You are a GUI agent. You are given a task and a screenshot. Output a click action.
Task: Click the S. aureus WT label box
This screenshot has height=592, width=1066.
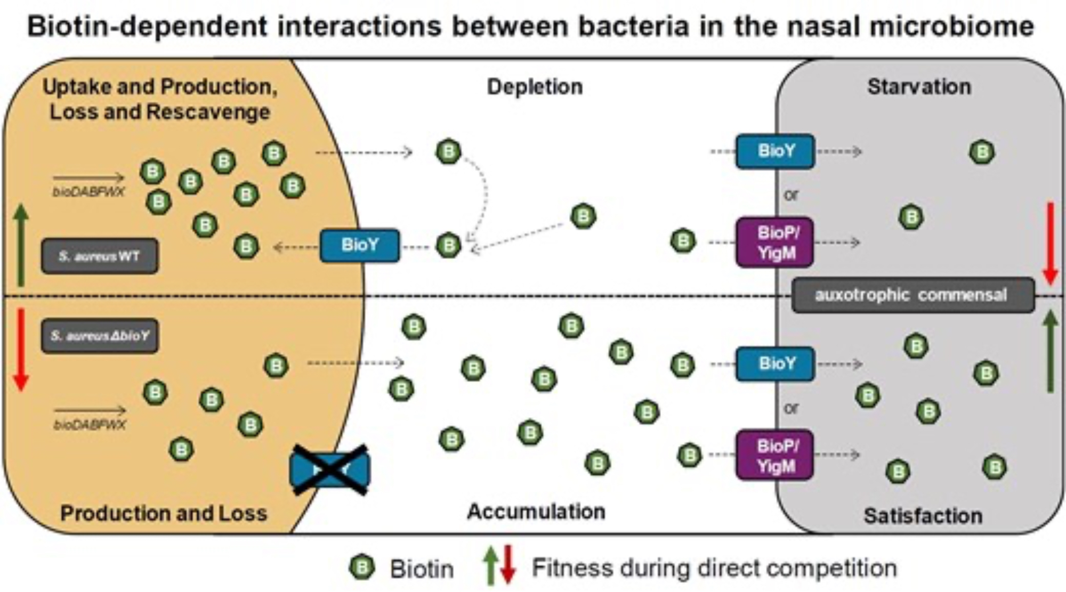click(100, 256)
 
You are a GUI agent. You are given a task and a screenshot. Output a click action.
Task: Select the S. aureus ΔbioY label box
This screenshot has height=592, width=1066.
click(100, 336)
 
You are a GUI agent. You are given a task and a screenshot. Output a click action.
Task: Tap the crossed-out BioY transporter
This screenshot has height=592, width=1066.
click(330, 470)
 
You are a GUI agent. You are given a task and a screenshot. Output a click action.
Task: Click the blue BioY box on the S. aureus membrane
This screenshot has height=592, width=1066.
click(360, 245)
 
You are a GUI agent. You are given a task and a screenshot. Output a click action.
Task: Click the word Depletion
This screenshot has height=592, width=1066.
click(535, 87)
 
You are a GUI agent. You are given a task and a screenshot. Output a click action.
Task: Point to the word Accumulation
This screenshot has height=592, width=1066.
click(536, 512)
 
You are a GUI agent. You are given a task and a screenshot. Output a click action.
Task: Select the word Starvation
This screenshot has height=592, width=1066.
click(919, 87)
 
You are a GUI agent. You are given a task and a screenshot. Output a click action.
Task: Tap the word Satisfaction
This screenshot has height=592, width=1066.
click(923, 516)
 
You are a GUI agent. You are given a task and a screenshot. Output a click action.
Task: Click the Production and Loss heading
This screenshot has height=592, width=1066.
click(164, 513)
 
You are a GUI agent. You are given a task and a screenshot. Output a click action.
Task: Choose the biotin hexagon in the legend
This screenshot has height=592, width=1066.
click(362, 567)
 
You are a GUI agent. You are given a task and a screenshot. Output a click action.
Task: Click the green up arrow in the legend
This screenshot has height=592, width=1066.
click(490, 566)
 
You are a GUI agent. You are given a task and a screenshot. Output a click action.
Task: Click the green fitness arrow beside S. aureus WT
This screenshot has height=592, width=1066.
click(21, 245)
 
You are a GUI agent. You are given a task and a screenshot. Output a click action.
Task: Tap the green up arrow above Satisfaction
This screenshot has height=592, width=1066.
click(1050, 351)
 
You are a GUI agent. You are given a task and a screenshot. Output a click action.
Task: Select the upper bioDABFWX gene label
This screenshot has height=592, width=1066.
click(88, 192)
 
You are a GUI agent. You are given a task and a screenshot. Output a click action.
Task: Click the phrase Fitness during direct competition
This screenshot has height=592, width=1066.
click(714, 568)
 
